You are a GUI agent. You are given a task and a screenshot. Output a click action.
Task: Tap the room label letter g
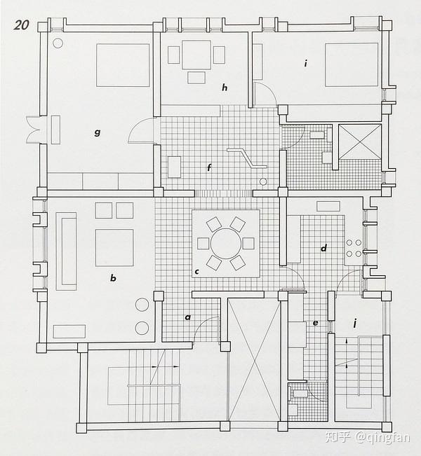pos(98,131)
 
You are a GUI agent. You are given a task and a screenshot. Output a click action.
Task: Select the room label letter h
pos(225,88)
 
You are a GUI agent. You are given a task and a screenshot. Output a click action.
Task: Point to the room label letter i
pos(306,63)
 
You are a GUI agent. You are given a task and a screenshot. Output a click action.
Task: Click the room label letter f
pos(209,167)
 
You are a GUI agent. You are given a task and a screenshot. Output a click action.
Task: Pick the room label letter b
pos(113,278)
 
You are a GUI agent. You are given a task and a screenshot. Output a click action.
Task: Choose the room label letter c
pos(197,271)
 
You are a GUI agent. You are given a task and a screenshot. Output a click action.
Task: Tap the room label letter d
pos(323,247)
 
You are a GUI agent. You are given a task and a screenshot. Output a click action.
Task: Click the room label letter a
pos(187,317)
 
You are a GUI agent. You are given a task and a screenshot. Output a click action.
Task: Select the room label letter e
pos(315,323)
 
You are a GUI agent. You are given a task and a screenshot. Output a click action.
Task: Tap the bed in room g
pos(123,65)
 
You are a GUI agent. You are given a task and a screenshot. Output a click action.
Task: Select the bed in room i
pos(352,64)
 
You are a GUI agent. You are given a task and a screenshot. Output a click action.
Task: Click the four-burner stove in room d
pos(354,247)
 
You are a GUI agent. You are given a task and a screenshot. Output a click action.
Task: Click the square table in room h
pos(197,55)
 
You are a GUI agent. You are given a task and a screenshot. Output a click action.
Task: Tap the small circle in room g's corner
pos(58,43)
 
